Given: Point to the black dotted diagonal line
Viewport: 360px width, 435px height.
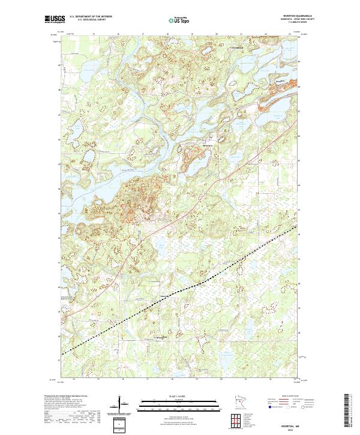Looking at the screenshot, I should tap(180, 292).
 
